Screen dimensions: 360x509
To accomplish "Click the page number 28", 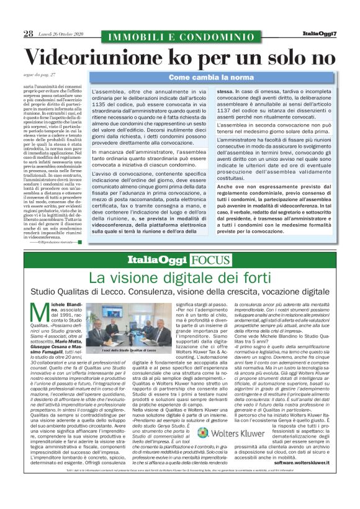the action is [29, 34].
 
